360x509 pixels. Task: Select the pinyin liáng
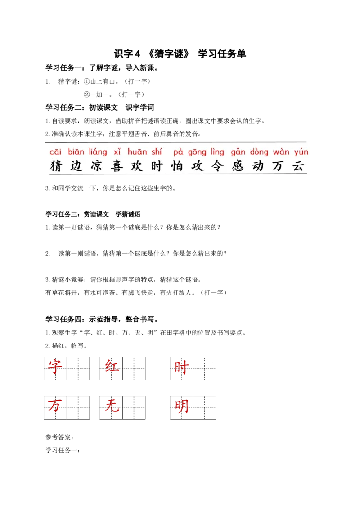[x=98, y=152]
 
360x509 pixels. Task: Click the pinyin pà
[x=178, y=152]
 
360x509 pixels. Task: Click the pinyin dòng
[x=259, y=152]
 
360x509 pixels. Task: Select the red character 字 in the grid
[x=55, y=368]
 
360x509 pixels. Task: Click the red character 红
[x=112, y=368]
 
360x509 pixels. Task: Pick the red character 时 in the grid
[x=181, y=368]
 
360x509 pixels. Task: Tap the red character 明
[x=181, y=407]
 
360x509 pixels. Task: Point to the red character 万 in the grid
[x=55, y=407]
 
